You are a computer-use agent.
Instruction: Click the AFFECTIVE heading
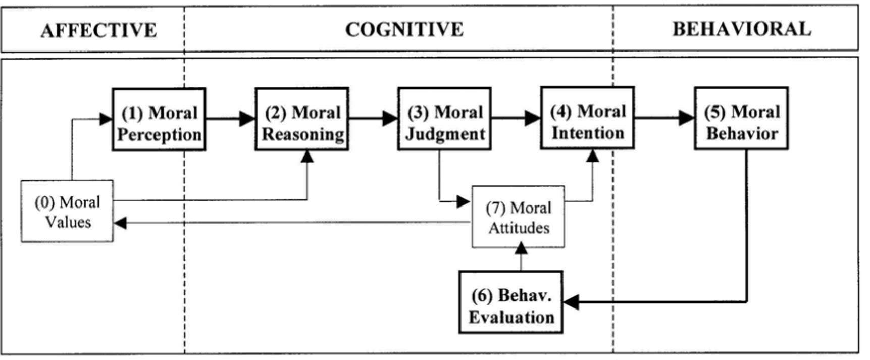pyautogui.click(x=98, y=30)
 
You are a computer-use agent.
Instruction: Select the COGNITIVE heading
pyautogui.click(x=404, y=29)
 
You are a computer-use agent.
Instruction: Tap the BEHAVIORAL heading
pyautogui.click(x=741, y=29)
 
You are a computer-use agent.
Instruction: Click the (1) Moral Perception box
pyautogui.click(x=159, y=120)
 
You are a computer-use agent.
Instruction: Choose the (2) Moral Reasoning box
pyautogui.click(x=301, y=120)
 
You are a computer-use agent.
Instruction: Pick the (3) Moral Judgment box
pyautogui.click(x=444, y=119)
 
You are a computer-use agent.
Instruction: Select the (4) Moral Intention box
pyautogui.click(x=587, y=118)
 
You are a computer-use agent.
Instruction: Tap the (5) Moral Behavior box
pyautogui.click(x=741, y=119)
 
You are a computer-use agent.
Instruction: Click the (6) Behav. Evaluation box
pyautogui.click(x=511, y=302)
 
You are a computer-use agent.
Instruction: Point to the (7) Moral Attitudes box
pyautogui.click(x=518, y=217)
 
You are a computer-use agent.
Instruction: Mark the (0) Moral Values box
pyautogui.click(x=67, y=211)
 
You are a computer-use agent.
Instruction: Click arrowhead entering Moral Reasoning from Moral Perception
pyautogui.click(x=247, y=119)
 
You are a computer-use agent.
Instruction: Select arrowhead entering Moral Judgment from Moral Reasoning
pyautogui.click(x=390, y=119)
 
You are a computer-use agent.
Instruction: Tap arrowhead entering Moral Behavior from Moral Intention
pyautogui.click(x=687, y=118)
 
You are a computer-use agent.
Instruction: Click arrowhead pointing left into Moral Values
pyautogui.click(x=120, y=223)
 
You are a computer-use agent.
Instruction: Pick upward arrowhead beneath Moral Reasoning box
pyautogui.click(x=307, y=157)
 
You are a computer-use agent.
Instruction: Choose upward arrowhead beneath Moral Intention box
pyautogui.click(x=593, y=156)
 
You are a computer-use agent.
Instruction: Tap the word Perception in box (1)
pyautogui.click(x=160, y=135)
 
